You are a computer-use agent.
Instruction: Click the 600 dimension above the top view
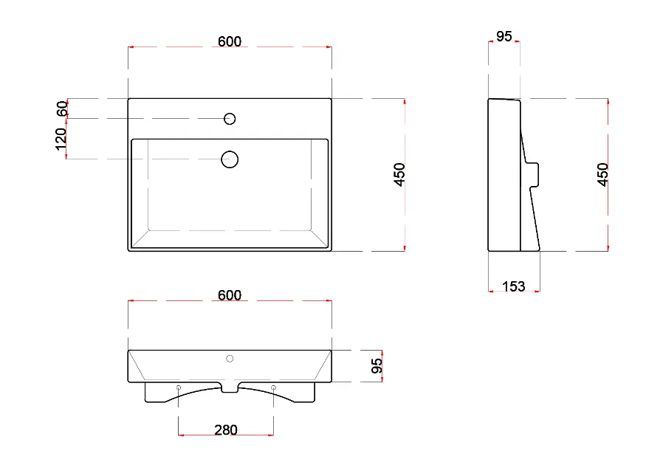pyautogui.click(x=230, y=41)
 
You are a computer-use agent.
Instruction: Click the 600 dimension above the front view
pyautogui.click(x=230, y=295)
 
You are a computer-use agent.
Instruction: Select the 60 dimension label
pyautogui.click(x=62, y=108)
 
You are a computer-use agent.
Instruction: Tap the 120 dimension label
pyautogui.click(x=61, y=139)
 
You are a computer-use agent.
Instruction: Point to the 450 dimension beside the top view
pyautogui.click(x=399, y=175)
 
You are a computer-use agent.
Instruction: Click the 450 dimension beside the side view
pyautogui.click(x=602, y=175)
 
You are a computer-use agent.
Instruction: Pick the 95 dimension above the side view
pyautogui.click(x=504, y=36)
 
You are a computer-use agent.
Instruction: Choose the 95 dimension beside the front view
pyautogui.click(x=377, y=365)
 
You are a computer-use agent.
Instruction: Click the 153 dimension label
pyautogui.click(x=513, y=286)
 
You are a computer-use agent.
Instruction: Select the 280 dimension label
pyautogui.click(x=226, y=430)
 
